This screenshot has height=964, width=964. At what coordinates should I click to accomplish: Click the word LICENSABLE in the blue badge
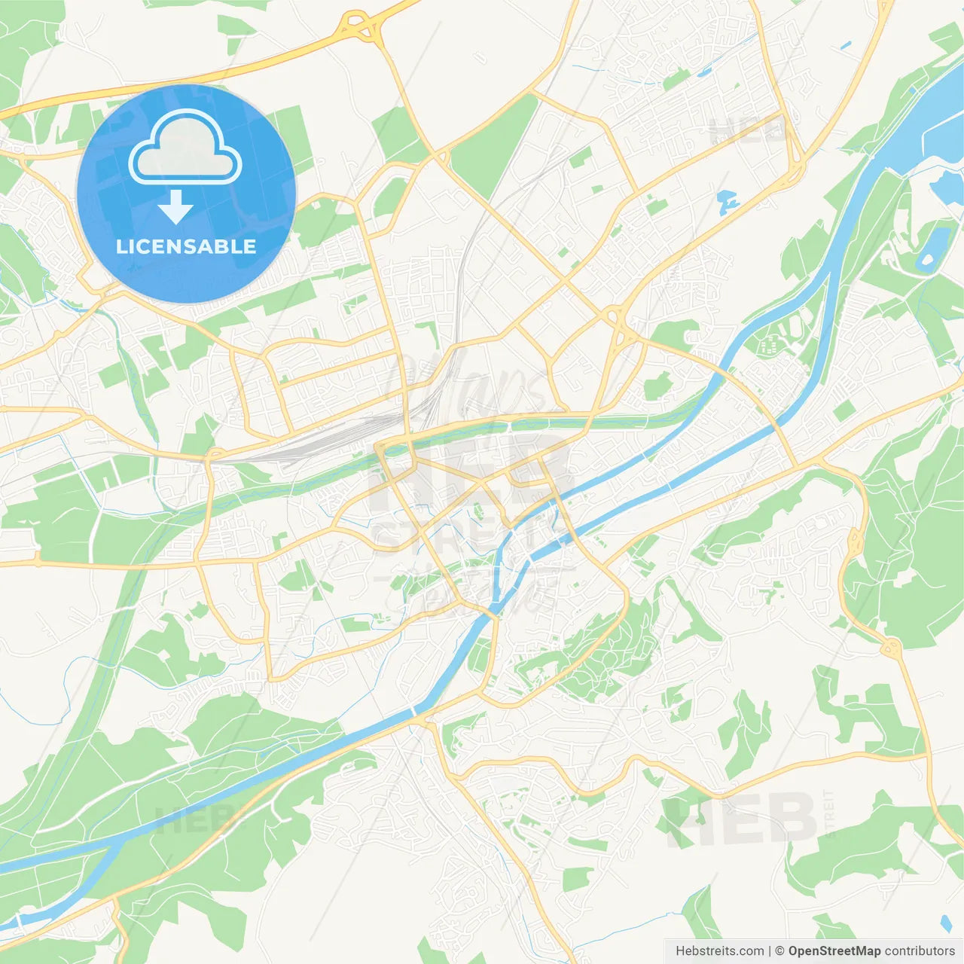click(x=186, y=246)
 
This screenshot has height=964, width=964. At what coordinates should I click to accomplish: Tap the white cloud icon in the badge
click(x=185, y=148)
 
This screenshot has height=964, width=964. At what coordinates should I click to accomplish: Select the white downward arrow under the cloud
click(x=175, y=207)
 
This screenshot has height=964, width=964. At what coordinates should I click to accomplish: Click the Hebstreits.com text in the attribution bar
click(x=720, y=951)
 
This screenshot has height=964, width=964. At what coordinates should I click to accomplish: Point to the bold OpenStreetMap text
click(x=834, y=951)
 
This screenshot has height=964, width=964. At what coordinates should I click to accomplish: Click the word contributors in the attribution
click(x=920, y=951)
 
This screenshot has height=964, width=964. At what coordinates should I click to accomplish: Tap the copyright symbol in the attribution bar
click(x=780, y=951)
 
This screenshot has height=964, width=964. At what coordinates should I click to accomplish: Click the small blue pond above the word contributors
click(x=946, y=923)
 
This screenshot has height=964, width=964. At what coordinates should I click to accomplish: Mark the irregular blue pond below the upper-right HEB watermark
click(x=728, y=200)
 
